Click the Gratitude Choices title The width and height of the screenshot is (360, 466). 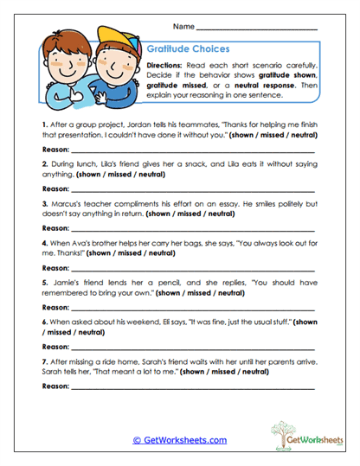186,51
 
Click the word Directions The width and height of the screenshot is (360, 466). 164,66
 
